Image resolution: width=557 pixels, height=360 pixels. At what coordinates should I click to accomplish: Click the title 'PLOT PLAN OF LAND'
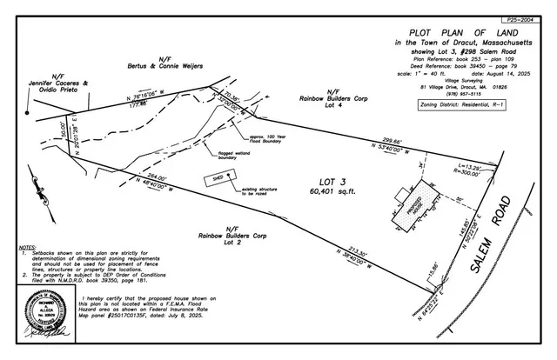click(457, 33)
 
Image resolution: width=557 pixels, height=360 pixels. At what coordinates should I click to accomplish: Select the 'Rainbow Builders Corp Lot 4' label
click(334, 98)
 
